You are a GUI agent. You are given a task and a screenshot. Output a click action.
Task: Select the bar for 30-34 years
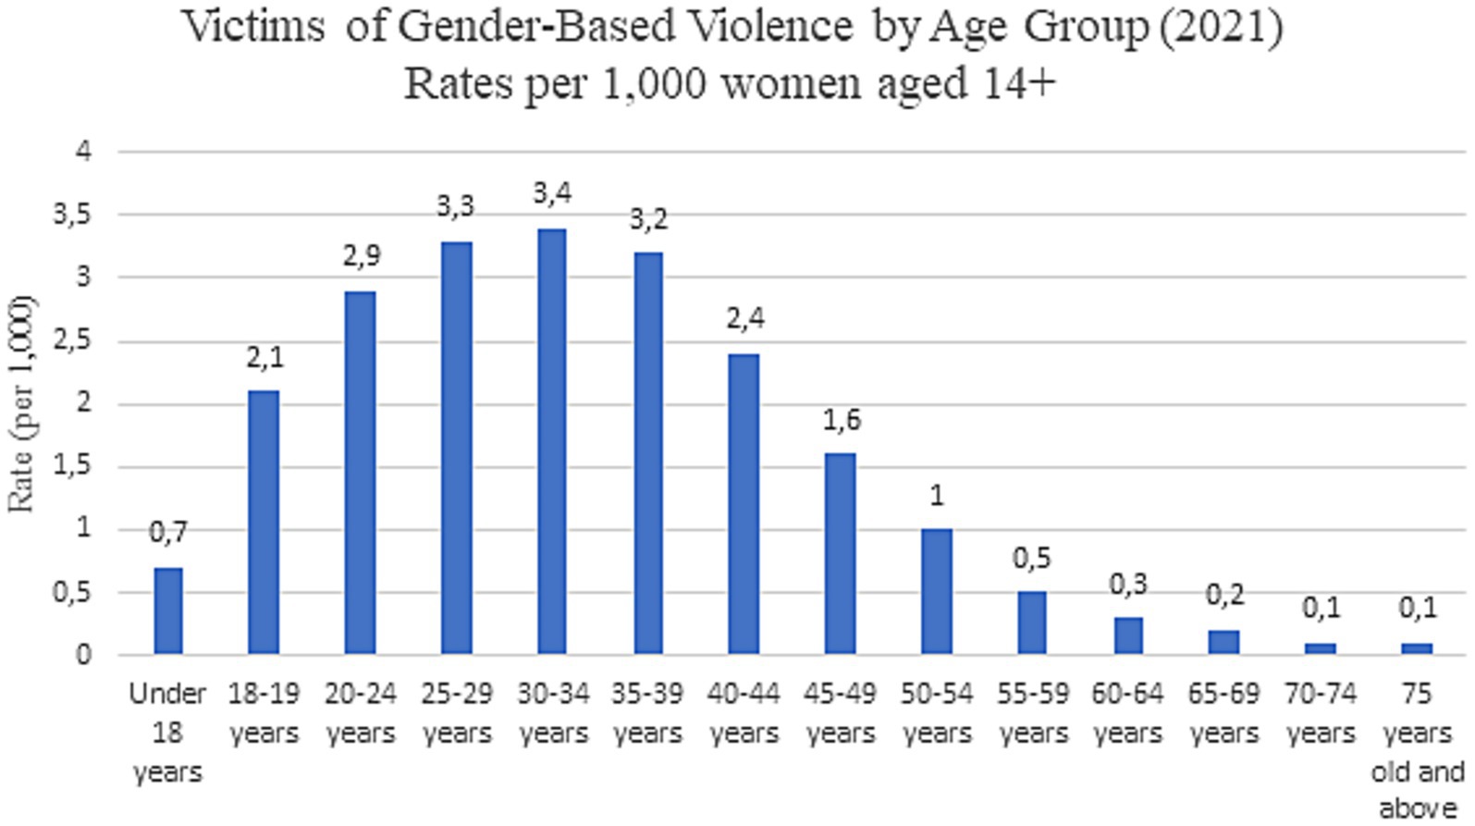pos(552,442)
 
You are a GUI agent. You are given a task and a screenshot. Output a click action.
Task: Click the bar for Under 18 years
pos(168,610)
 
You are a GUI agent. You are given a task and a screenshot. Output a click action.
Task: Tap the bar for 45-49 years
pos(841,553)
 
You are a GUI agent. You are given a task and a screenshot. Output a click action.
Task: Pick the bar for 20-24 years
pos(360,473)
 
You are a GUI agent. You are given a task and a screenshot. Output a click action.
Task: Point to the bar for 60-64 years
pos(1128,635)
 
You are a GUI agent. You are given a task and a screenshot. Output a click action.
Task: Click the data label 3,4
pos(552,193)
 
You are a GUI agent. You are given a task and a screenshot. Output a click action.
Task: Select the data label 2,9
pos(361,255)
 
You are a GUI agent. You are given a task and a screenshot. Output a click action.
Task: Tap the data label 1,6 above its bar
pos(841,420)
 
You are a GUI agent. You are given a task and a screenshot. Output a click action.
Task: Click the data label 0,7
pos(167,532)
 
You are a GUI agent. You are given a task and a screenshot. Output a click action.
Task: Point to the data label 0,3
pos(1128,584)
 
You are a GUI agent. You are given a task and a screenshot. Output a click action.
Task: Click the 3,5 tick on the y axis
pos(72,215)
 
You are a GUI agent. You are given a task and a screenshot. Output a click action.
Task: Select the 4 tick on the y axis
pos(84,151)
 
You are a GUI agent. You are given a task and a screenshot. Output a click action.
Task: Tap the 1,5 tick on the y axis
pos(72,466)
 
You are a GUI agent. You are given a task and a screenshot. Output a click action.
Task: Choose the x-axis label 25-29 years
pos(457,713)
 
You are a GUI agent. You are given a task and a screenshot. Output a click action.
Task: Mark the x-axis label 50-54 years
pos(937,713)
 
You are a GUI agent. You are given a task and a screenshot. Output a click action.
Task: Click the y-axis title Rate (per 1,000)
pos(20,403)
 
